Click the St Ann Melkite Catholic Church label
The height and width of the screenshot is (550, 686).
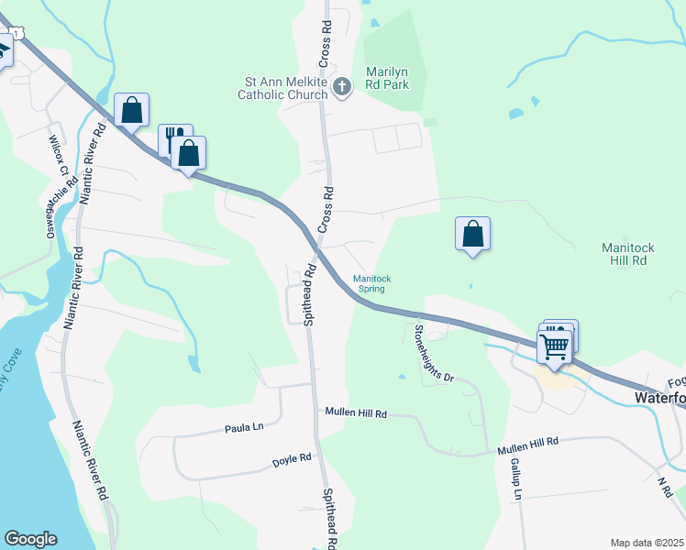click(282, 88)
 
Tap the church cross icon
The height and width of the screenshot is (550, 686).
click(342, 88)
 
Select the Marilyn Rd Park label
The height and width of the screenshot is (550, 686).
click(387, 78)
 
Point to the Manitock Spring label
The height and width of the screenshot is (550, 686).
click(372, 283)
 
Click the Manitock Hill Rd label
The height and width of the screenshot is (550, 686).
click(625, 254)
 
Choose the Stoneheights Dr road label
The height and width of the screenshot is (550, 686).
click(434, 353)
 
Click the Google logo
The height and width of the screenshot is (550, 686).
click(30, 539)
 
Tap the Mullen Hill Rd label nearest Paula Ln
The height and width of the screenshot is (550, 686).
click(356, 413)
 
